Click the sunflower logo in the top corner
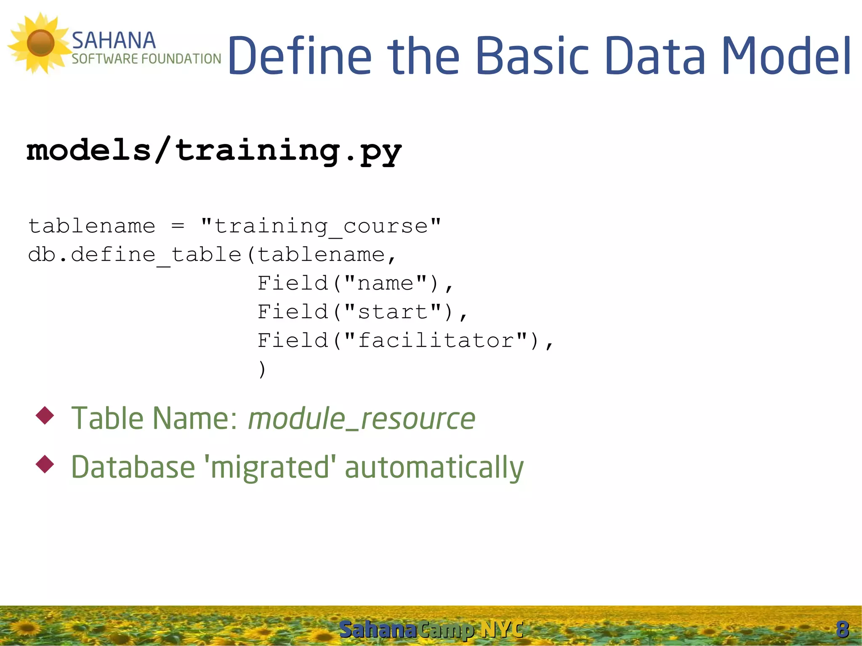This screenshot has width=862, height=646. pos(40,43)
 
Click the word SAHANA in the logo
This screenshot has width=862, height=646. pos(114,41)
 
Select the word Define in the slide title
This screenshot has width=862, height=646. pos(300,56)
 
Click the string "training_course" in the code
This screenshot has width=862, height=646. pos(321,226)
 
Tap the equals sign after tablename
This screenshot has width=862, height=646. pos(178,226)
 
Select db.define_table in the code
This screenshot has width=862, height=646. pos(135,255)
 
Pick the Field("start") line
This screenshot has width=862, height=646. pos(362,312)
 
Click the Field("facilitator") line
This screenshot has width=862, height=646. pos(405,340)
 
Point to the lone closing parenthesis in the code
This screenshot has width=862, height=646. pos(262,369)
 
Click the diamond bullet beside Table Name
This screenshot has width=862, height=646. pos(45,415)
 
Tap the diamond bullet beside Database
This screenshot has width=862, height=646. pos(45,464)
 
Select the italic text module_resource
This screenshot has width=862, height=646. pos(362,419)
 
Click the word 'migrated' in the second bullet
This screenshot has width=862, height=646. pos(270,467)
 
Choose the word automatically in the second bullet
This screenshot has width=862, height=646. pos(434,467)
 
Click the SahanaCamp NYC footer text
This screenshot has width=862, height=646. pos(431,630)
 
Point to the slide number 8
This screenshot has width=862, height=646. pos(842,630)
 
